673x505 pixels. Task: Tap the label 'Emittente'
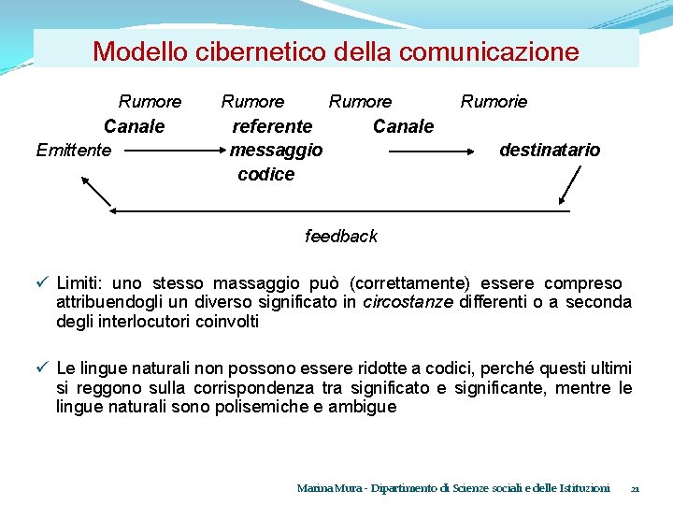point(73,150)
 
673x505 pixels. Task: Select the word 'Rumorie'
point(494,101)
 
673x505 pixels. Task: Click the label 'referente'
point(272,125)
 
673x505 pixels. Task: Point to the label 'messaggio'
point(276,150)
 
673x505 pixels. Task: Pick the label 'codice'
point(265,174)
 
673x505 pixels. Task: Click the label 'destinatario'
point(550,150)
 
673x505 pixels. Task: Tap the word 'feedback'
point(341,236)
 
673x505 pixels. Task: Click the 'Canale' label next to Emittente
point(134,125)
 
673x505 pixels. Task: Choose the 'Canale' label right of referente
point(403,125)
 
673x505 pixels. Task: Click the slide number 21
point(635,488)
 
